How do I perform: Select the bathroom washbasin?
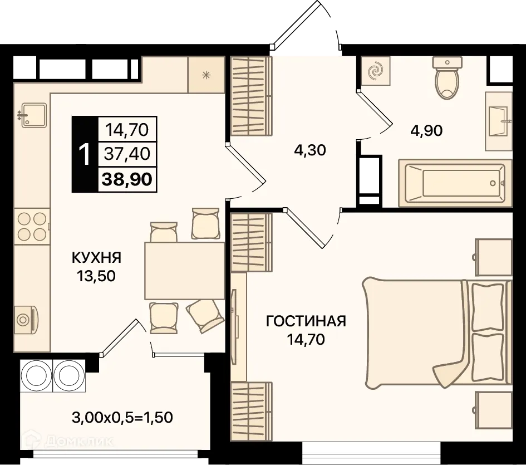coord(499,121)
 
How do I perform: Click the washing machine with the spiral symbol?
coord(376,71)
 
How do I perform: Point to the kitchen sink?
coord(33,116)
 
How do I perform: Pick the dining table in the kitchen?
coord(184,271)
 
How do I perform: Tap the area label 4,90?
coord(426,131)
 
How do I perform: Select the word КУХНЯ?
coord(96,257)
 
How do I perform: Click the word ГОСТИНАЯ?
coord(306,321)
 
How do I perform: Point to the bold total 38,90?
coord(127,179)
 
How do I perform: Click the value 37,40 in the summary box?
coord(127,153)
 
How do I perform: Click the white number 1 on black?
coord(85,154)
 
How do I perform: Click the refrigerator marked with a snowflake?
coord(205,75)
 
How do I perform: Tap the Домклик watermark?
coord(77,442)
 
